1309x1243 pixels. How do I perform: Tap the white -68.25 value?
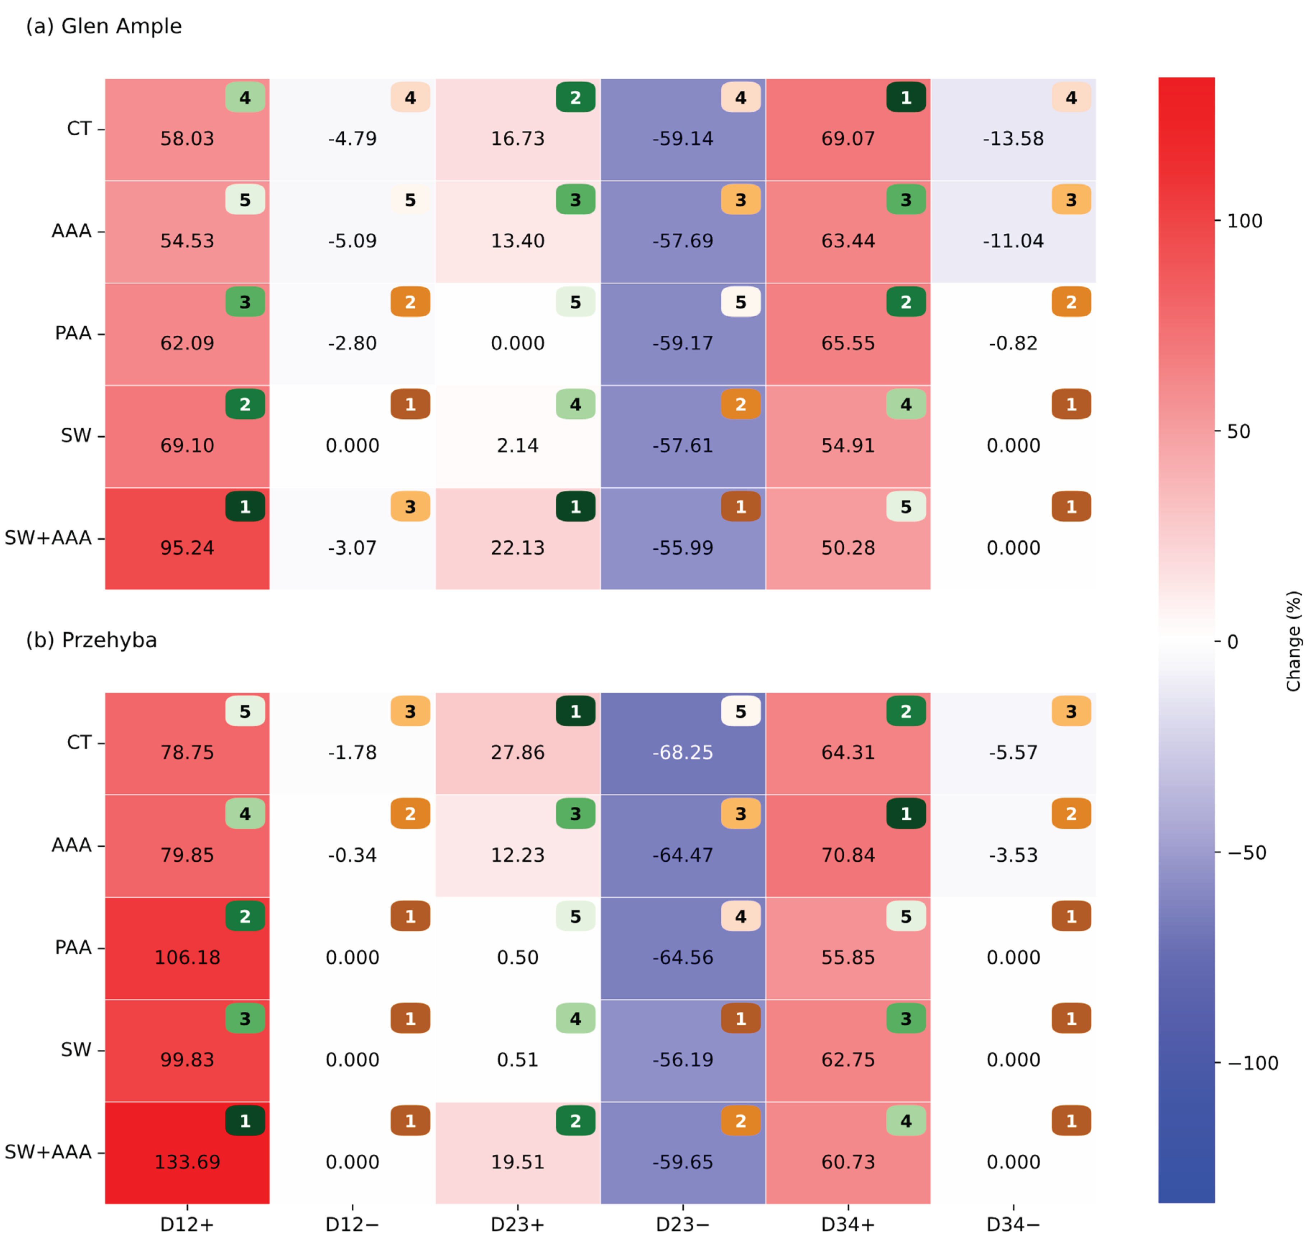tap(683, 753)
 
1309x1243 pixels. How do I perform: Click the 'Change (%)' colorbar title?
tap(1293, 641)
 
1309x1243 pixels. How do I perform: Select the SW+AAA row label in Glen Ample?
tap(48, 538)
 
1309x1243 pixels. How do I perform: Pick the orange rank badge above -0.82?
tap(1071, 302)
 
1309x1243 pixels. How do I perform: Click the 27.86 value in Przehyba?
tap(518, 753)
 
